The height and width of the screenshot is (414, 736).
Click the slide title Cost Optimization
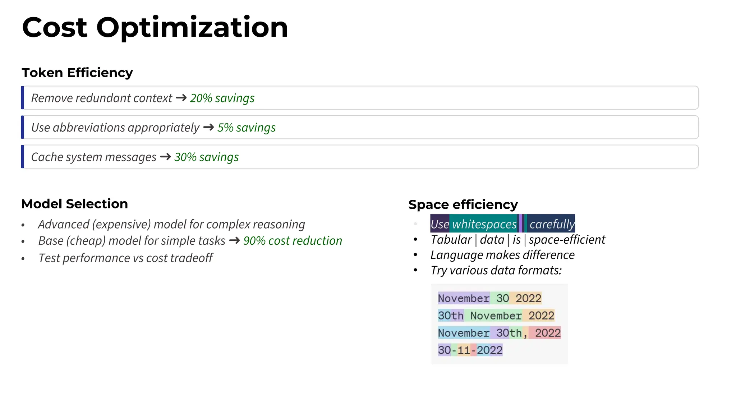(x=155, y=28)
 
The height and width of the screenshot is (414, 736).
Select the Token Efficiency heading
(x=77, y=73)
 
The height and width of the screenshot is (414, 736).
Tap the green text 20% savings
(x=222, y=98)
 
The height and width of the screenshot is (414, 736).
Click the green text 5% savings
(x=246, y=128)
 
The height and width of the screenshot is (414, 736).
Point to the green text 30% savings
(x=206, y=157)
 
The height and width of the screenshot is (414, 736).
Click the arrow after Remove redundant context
(x=181, y=98)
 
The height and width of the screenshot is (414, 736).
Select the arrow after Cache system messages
(x=165, y=157)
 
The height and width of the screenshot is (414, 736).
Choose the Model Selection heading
(x=74, y=204)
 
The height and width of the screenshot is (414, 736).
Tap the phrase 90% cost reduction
(x=293, y=241)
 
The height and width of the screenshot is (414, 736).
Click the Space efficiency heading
(x=463, y=204)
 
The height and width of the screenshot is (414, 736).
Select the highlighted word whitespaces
(x=484, y=224)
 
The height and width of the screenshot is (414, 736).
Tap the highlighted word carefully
(x=552, y=224)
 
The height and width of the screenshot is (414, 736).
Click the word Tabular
(x=451, y=240)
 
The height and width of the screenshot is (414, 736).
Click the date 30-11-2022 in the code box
(x=470, y=350)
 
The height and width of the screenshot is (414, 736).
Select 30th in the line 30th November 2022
(x=451, y=316)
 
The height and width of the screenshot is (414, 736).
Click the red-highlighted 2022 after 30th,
(x=547, y=333)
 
